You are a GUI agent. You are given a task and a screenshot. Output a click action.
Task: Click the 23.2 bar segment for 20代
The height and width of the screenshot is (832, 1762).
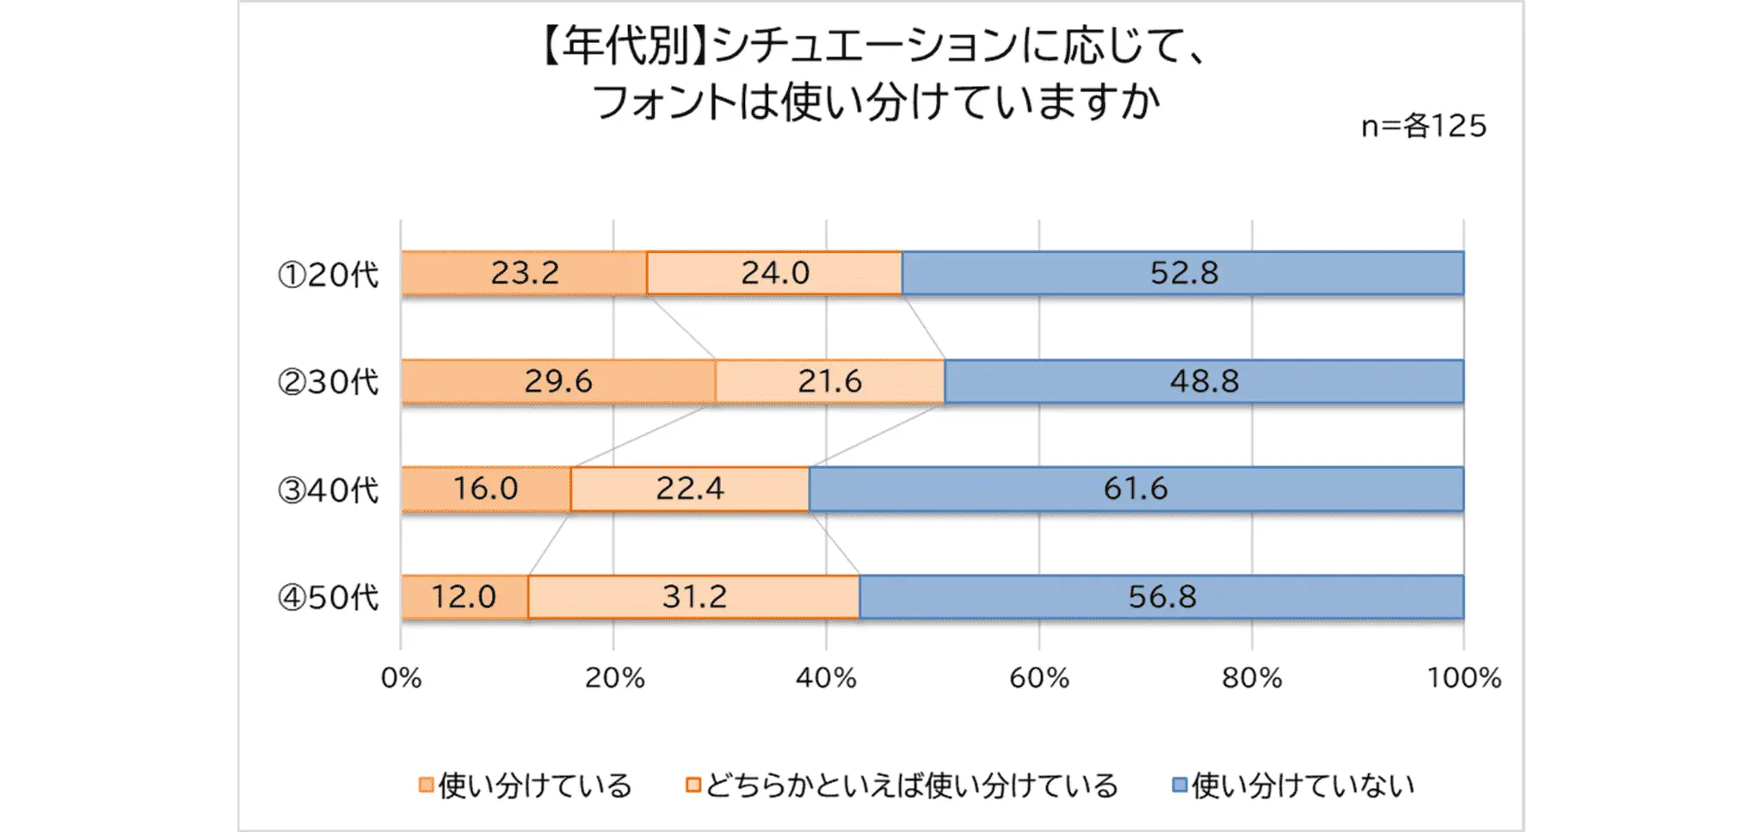[x=524, y=274]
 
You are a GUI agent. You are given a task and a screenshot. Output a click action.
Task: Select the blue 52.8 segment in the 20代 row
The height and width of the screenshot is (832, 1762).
[x=1183, y=274]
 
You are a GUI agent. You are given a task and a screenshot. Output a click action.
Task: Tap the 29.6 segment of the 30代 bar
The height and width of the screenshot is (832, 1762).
[x=558, y=381]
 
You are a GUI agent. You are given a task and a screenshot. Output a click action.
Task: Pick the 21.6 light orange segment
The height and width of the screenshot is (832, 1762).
[x=829, y=381]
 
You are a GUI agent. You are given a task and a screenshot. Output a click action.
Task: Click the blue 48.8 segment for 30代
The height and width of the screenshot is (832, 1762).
[x=1204, y=381]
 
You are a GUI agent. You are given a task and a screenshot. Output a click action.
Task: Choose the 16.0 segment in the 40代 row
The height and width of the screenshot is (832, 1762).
[x=485, y=489]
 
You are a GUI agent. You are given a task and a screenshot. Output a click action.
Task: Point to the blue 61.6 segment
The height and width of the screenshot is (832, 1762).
[x=1136, y=489]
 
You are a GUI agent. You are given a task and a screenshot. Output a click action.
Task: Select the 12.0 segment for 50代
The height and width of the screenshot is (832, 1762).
[x=464, y=596]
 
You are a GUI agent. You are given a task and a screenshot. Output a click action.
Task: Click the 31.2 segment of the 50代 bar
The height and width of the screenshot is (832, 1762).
[x=693, y=596]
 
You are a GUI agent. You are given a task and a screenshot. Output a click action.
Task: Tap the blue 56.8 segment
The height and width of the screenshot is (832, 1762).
[x=1161, y=596]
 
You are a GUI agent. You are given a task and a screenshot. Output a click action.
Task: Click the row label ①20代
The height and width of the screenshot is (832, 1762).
[x=328, y=274]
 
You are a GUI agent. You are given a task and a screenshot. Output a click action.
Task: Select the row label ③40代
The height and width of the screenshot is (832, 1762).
[x=328, y=490]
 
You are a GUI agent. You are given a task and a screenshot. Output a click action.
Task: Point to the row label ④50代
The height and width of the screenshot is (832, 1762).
[x=328, y=597]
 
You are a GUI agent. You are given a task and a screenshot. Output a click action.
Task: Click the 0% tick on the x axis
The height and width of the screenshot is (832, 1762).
[x=401, y=678]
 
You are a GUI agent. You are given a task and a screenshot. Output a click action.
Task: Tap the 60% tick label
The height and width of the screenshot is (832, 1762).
[x=1038, y=678]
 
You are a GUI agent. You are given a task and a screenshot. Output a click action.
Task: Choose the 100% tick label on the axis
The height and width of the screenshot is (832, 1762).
[x=1463, y=678]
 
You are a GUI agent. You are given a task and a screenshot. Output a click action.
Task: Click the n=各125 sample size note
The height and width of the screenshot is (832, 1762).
[x=1424, y=126]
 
